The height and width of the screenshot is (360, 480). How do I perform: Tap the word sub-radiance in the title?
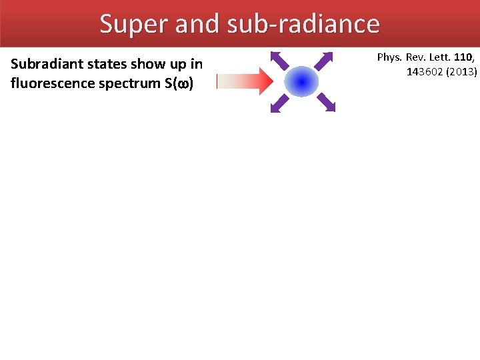pyautogui.click(x=303, y=24)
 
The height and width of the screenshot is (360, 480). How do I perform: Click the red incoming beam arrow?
pyautogui.click(x=245, y=81)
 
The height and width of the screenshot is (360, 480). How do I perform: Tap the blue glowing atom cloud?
pyautogui.click(x=302, y=82)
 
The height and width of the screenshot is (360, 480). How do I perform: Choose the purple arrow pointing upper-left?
pyautogui.click(x=279, y=60)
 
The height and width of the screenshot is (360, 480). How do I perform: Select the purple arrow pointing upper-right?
pyautogui.click(x=323, y=61)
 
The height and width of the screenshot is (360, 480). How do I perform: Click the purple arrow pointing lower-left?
pyautogui.click(x=280, y=103)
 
